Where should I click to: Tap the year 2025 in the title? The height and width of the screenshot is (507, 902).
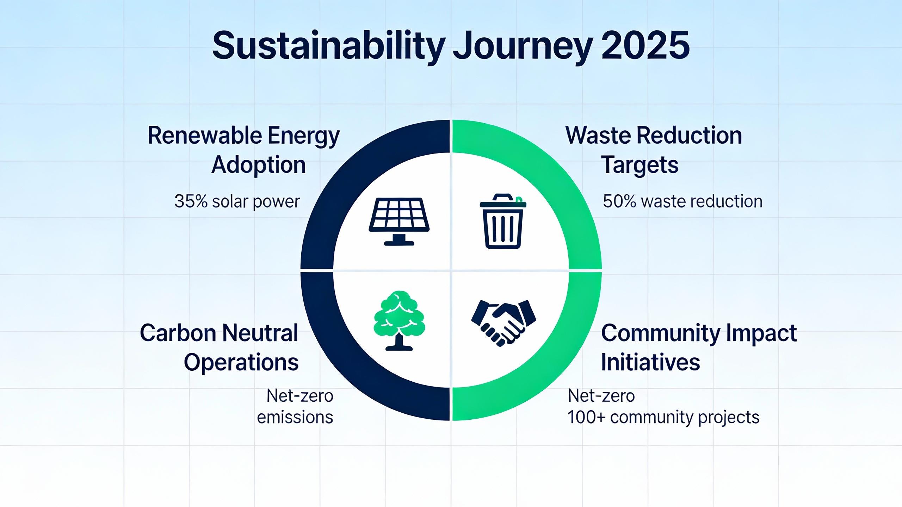point(645,46)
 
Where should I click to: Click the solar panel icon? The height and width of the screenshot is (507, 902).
point(399,221)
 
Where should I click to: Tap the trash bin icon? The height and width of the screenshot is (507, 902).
point(503,221)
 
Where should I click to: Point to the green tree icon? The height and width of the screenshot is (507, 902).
point(399,320)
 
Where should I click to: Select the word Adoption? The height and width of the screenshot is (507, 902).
point(259,165)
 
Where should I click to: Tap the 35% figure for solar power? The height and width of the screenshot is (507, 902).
point(191,201)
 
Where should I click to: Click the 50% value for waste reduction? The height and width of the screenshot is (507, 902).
point(619,201)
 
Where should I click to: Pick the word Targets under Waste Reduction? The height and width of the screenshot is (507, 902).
point(640,165)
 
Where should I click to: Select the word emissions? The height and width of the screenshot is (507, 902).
point(295,417)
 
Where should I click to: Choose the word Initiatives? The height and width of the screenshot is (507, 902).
point(650,362)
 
